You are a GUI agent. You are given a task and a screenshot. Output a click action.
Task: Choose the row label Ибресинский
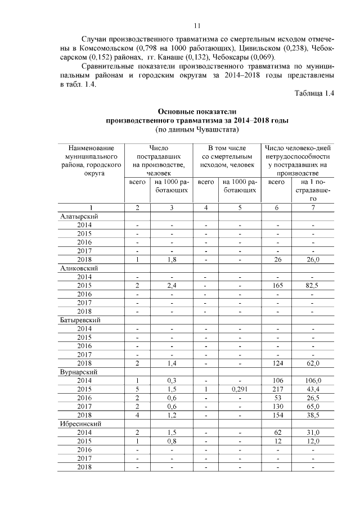coord(80,424)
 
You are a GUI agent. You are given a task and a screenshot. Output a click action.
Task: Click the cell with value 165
coord(276,285)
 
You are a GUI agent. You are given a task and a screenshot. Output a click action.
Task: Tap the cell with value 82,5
coord(312,285)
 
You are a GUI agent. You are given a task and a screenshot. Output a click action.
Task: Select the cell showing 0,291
coord(240,389)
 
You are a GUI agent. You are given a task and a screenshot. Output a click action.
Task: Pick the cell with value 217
coord(276,389)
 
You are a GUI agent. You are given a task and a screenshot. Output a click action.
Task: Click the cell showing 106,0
coord(312,381)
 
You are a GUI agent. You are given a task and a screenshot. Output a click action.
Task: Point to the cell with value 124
coord(276,363)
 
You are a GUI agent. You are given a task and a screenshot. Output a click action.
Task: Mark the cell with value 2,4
coord(172,285)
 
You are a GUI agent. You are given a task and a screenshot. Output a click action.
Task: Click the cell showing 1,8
coord(172,259)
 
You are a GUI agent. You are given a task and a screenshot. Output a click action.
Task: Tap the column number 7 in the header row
coord(312,208)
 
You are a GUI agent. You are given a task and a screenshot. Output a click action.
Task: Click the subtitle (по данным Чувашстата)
coord(197,130)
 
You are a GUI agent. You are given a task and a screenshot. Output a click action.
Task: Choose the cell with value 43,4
coord(312,389)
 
